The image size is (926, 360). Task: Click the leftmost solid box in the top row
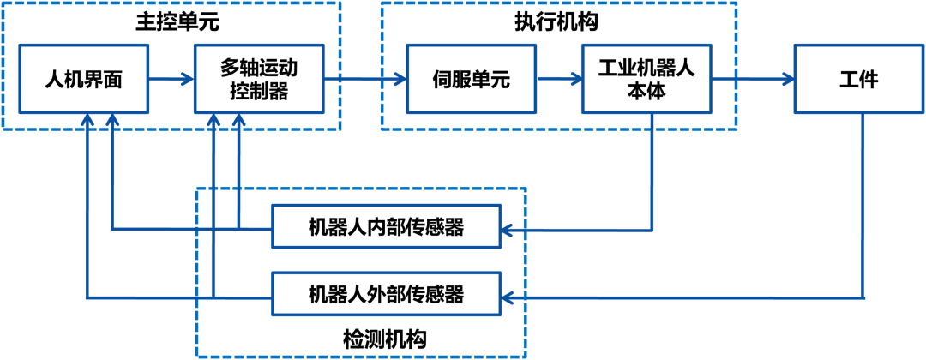click(x=83, y=79)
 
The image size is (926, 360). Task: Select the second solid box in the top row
click(x=259, y=79)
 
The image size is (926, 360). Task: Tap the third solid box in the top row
click(x=471, y=79)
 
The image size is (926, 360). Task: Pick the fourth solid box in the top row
click(x=646, y=79)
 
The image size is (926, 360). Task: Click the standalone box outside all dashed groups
click(x=858, y=79)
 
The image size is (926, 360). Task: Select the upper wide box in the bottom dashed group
click(x=386, y=226)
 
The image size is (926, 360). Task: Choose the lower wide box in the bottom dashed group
click(x=386, y=294)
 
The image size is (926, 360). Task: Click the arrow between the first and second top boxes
click(x=171, y=79)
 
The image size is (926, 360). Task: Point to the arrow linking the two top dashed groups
click(x=364, y=79)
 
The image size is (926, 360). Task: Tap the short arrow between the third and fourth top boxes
click(x=559, y=79)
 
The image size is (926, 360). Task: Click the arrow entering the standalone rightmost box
click(x=753, y=79)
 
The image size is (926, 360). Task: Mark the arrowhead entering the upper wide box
click(x=507, y=231)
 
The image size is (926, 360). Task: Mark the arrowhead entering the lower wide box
click(x=507, y=298)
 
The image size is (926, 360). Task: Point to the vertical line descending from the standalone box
click(x=863, y=206)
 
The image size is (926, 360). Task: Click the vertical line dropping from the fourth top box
click(x=652, y=171)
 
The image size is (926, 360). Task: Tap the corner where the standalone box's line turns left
click(x=863, y=298)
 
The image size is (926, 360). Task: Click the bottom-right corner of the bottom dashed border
click(x=525, y=356)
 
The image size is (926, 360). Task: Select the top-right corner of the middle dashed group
click(x=737, y=3)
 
